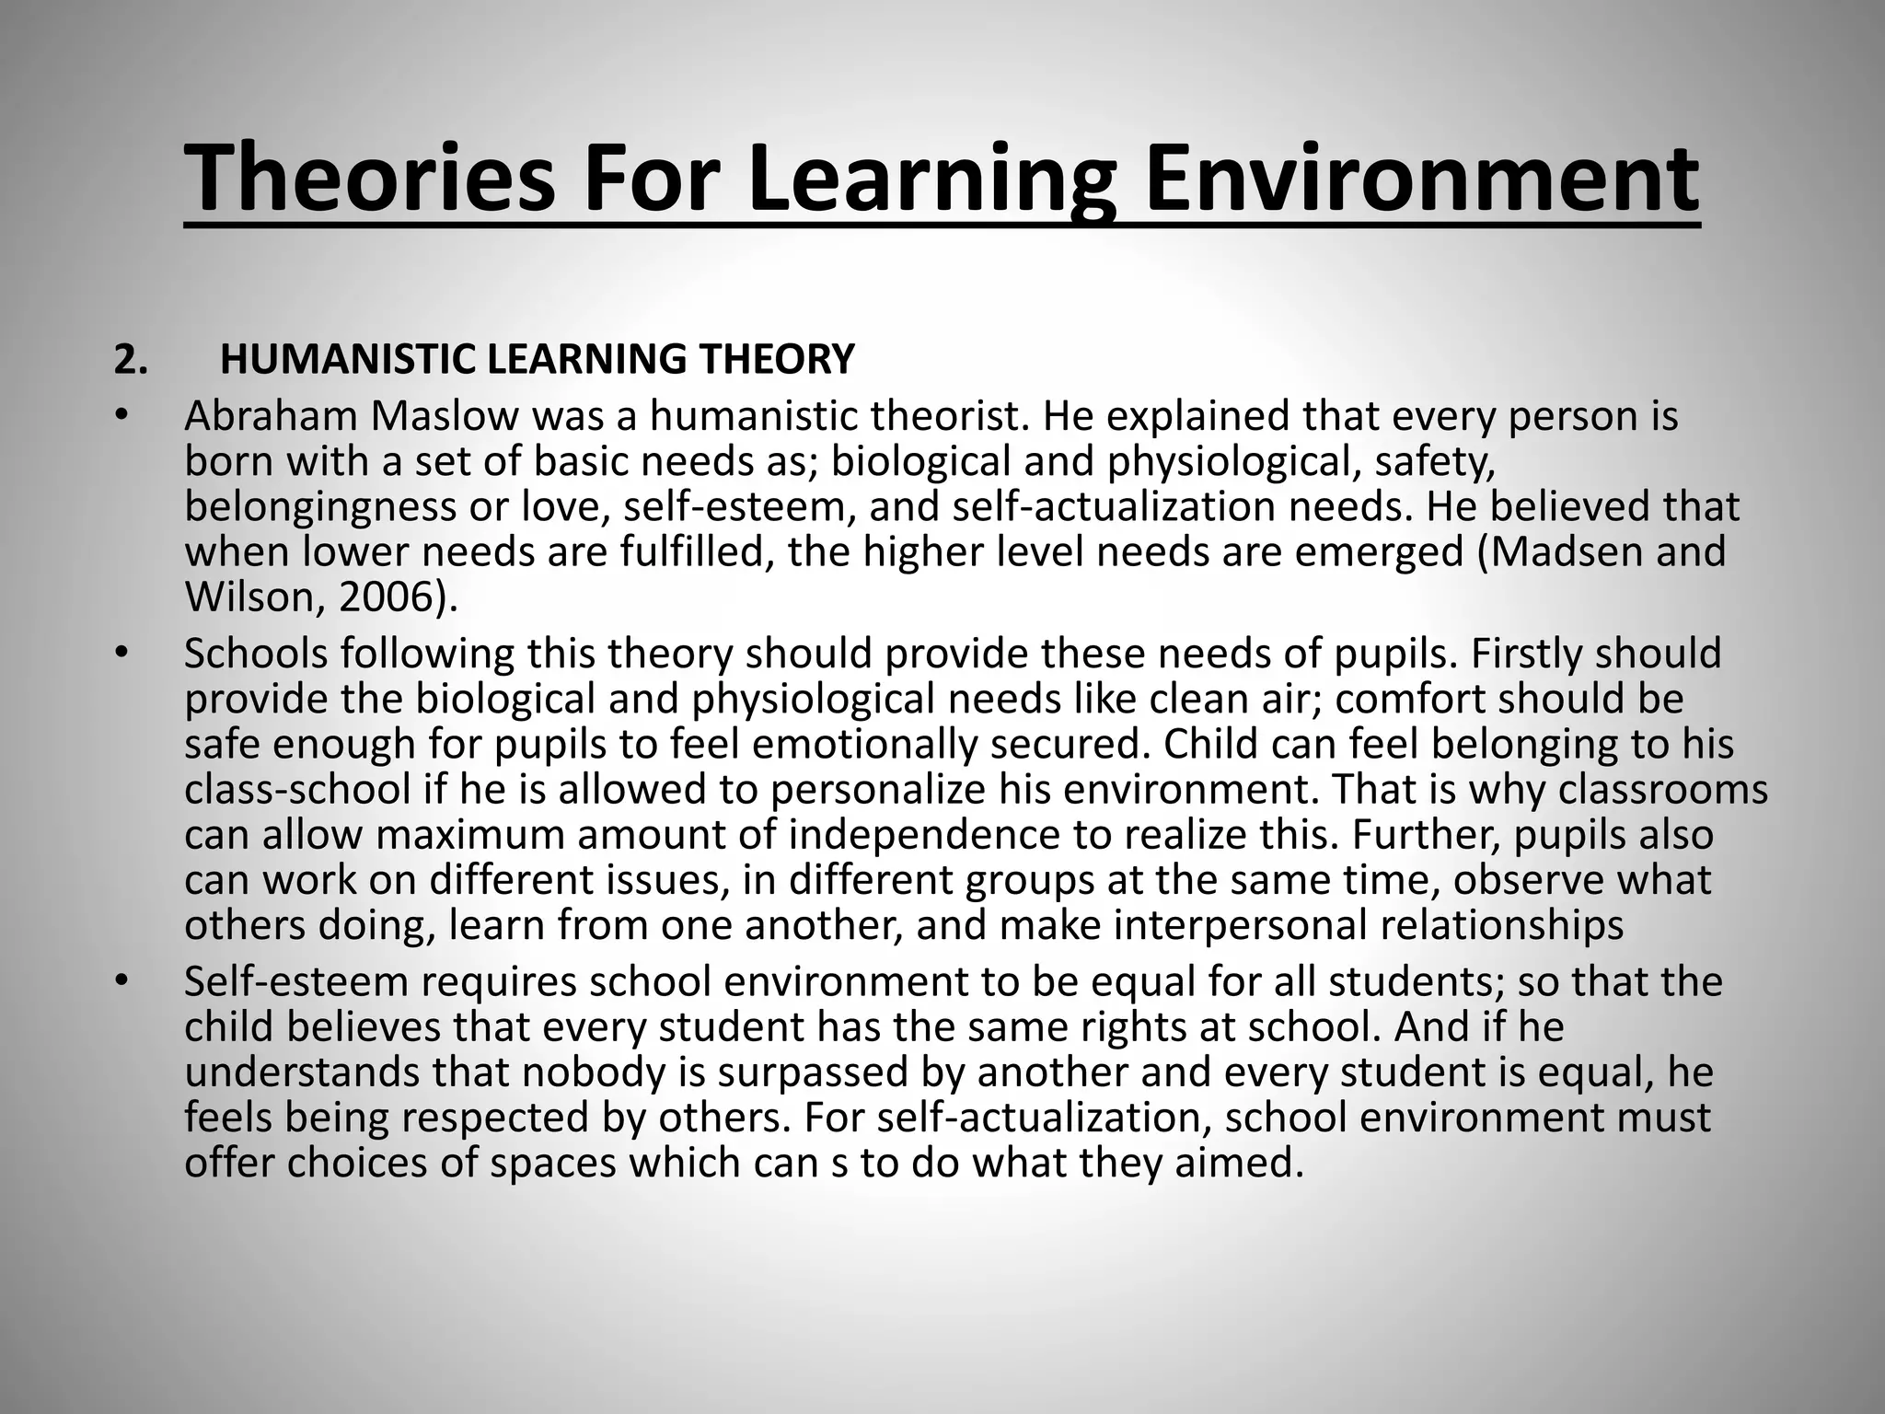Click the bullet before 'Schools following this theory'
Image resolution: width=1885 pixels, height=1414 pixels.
tap(119, 653)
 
